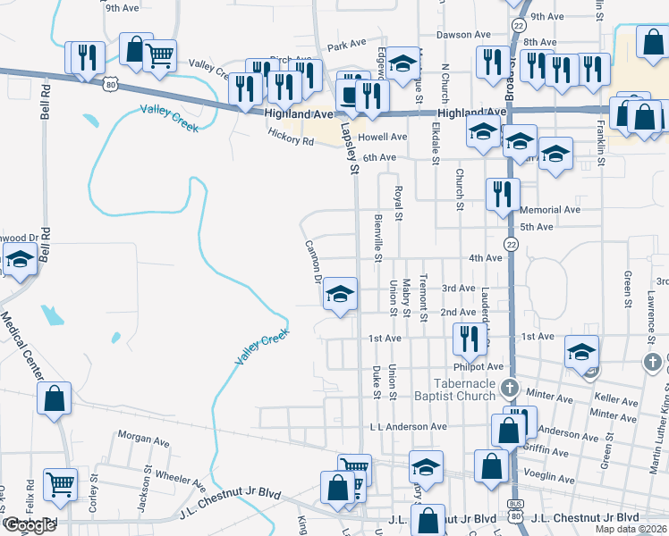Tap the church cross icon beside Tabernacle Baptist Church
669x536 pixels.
pyautogui.click(x=510, y=388)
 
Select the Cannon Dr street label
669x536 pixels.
pyautogui.click(x=313, y=261)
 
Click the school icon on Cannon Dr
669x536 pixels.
pyautogui.click(x=340, y=295)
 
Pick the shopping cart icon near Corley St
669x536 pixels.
pyautogui.click(x=61, y=484)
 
